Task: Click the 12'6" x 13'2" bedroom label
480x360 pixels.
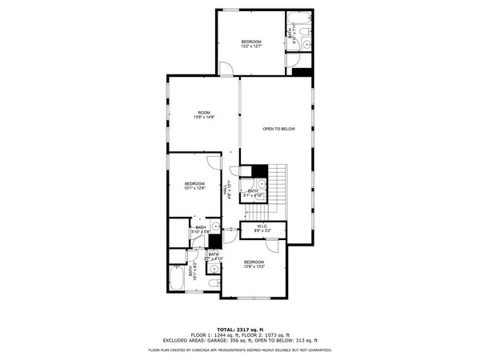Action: click(x=254, y=264)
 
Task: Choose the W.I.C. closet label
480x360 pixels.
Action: click(x=262, y=228)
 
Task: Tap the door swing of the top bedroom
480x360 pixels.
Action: click(x=228, y=72)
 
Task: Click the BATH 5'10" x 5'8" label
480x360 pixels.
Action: click(x=201, y=230)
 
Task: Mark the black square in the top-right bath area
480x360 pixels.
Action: click(x=302, y=73)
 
